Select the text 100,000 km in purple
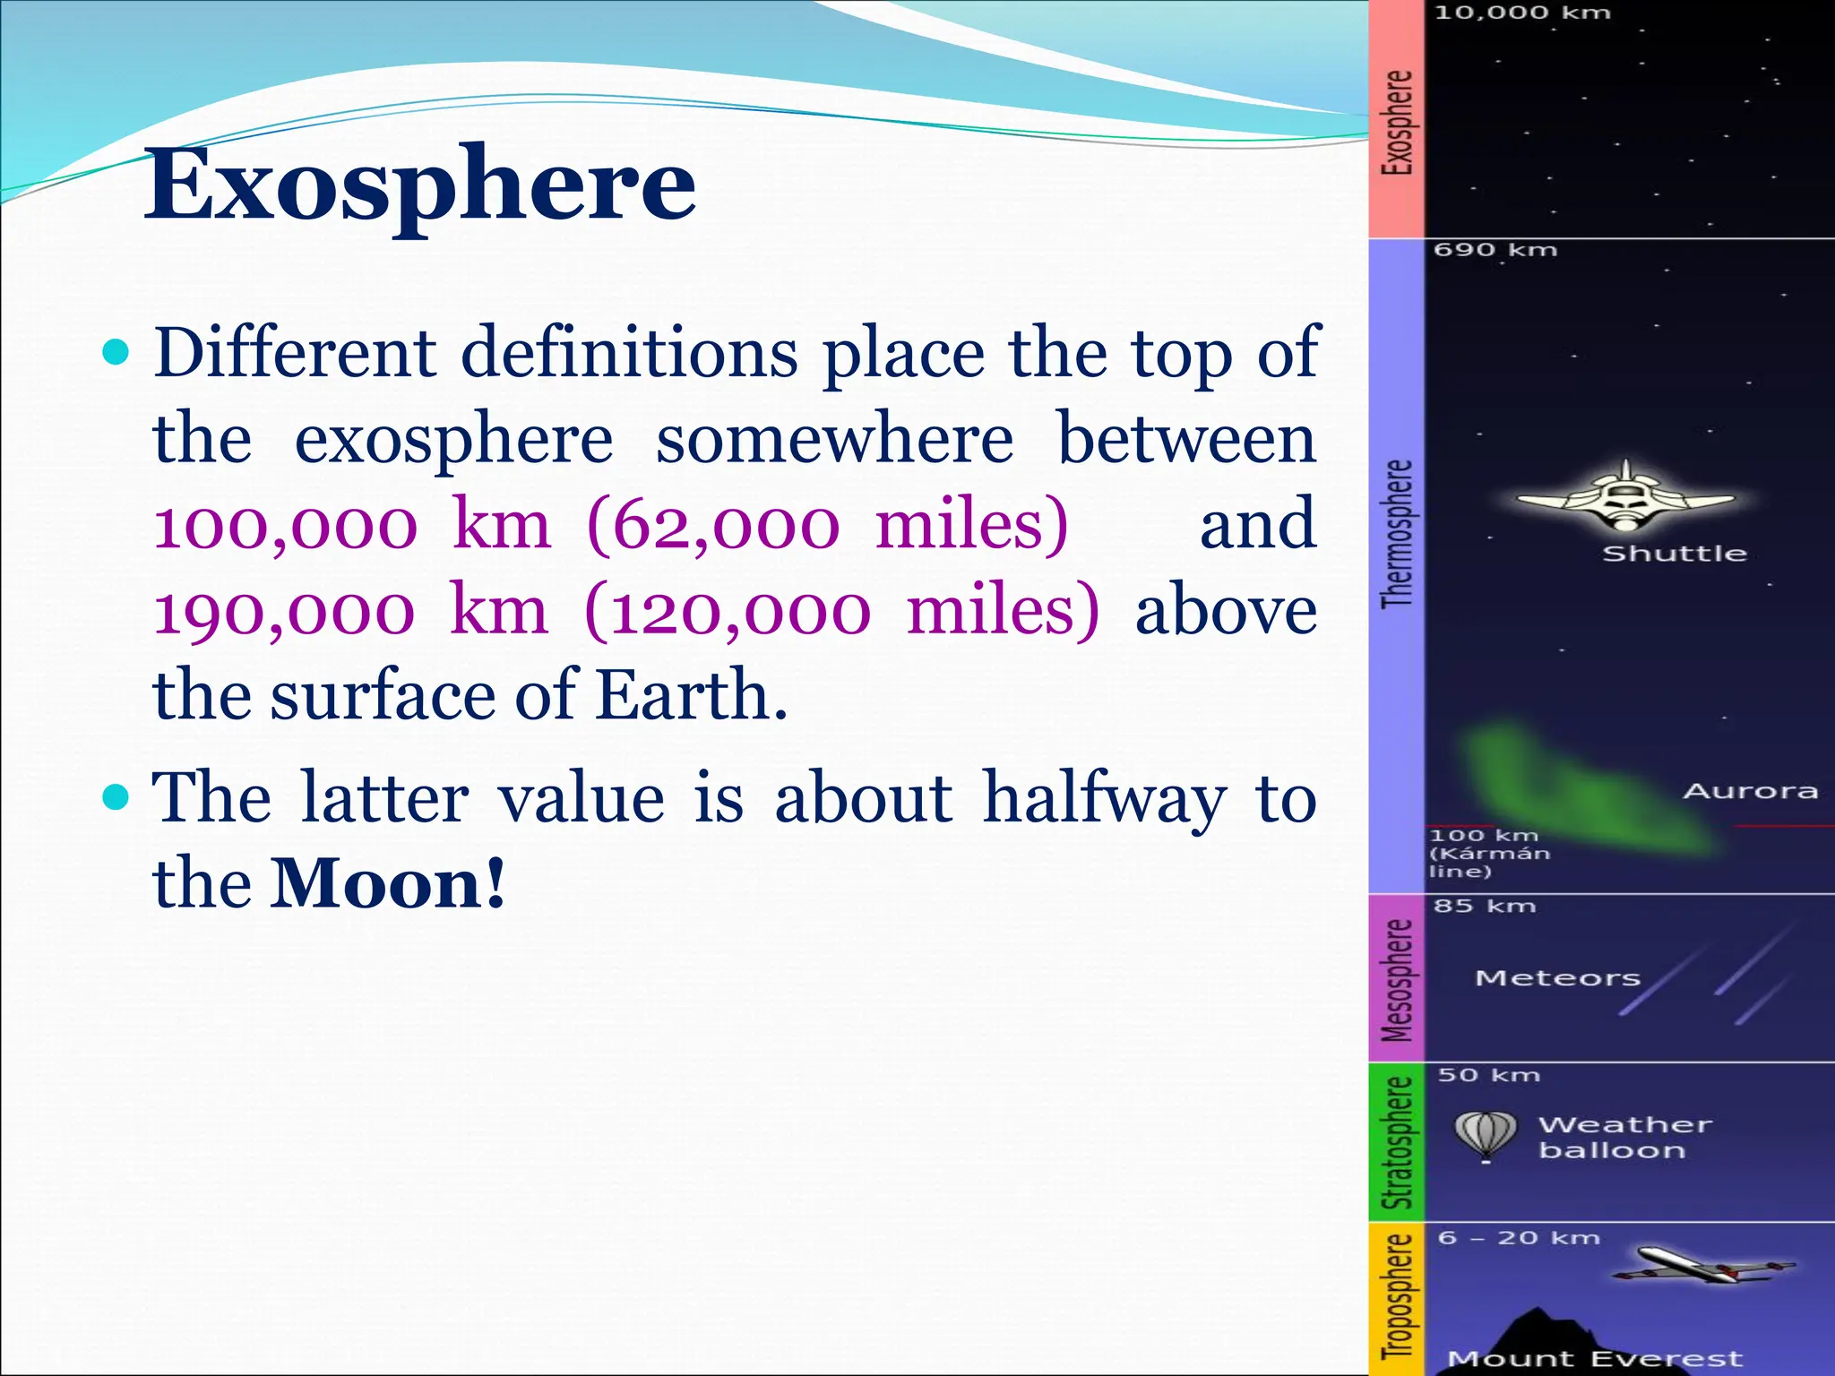click(351, 526)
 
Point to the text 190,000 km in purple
click(349, 612)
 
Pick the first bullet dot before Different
click(116, 352)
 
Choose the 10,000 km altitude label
click(1521, 13)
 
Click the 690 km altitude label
click(1495, 250)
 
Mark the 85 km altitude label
click(1484, 906)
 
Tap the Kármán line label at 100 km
click(1487, 854)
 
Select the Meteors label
click(1557, 978)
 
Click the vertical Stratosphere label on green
click(1397, 1142)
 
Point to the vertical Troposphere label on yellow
click(1397, 1297)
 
